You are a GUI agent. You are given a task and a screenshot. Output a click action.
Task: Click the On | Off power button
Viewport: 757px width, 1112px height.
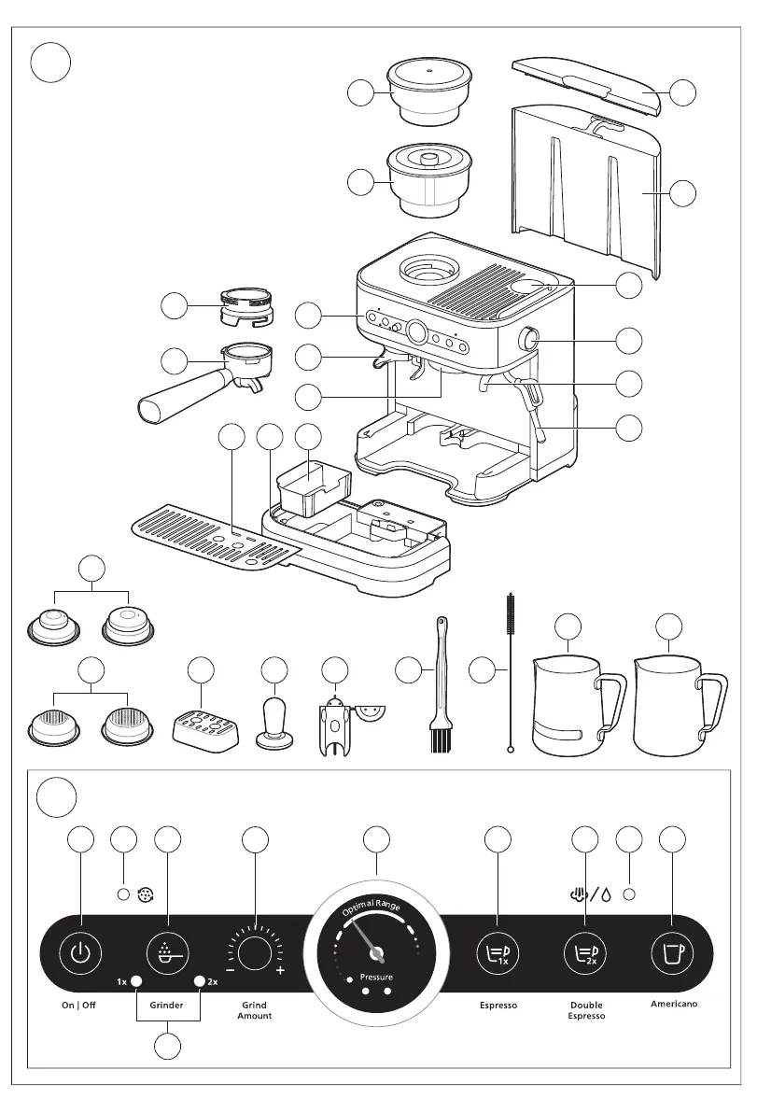tap(81, 953)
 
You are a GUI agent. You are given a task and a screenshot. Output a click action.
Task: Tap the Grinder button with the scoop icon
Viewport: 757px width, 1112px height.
tap(168, 953)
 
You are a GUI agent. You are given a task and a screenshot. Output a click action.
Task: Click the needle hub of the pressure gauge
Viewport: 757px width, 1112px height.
tap(378, 952)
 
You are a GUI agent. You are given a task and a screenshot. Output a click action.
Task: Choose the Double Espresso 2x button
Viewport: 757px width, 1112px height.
tap(586, 953)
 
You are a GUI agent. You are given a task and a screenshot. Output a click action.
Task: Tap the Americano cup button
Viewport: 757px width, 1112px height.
tap(672, 953)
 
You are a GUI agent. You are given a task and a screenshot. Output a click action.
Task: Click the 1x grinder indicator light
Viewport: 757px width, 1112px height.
tap(136, 981)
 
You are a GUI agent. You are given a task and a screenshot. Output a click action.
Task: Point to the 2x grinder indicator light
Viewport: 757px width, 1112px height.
tap(199, 981)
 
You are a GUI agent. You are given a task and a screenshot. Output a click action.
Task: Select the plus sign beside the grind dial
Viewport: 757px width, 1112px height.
tap(279, 971)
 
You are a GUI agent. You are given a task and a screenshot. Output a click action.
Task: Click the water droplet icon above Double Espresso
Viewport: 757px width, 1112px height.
tap(605, 893)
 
